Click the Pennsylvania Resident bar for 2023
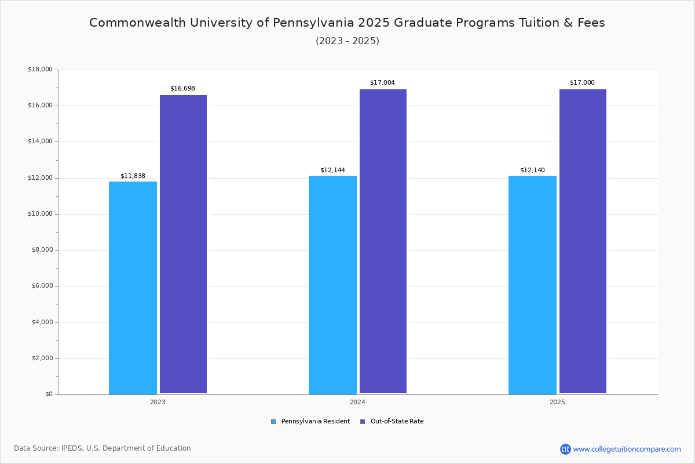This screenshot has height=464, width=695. pos(133,288)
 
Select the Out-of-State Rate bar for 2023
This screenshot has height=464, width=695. pos(183,244)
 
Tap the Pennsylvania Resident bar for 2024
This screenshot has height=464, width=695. pos(332,285)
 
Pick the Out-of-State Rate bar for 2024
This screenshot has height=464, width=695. pos(383,241)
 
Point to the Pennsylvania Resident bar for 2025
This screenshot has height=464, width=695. pos(532,285)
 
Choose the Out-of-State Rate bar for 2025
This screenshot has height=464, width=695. pos(583,241)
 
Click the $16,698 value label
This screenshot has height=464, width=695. pos(182,89)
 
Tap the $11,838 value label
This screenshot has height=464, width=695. pos(133,176)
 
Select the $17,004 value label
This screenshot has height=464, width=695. pos(382,83)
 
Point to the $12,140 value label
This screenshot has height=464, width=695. pos(532,171)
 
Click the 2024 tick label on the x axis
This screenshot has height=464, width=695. pos(357,402)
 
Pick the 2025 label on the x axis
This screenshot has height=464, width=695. pos(557,402)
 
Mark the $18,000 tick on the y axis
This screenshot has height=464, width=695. pos(40,70)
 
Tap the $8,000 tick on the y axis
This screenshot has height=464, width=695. pos(42,250)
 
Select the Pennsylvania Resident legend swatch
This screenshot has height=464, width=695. pos(273,422)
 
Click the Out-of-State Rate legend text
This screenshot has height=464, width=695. pos(397,422)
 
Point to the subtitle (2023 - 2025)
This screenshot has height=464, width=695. pos(348,41)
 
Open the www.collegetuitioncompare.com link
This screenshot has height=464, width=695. pos(627,449)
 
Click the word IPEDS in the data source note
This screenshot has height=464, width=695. pos(72,448)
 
